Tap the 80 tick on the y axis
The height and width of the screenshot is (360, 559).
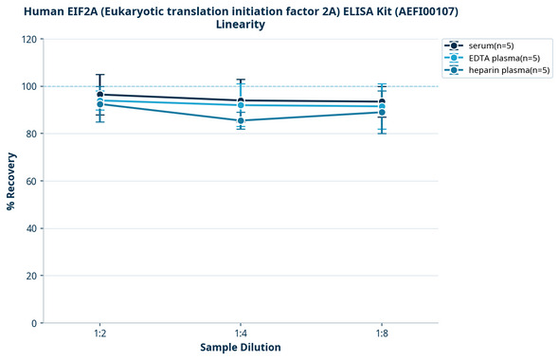[29, 134]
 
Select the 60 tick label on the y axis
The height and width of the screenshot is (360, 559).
[29, 181]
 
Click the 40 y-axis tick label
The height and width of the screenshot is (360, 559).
[29, 228]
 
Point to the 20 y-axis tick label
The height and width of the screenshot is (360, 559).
[29, 276]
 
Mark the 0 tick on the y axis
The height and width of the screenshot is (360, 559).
[32, 323]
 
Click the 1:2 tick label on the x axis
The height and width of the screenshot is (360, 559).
[99, 334]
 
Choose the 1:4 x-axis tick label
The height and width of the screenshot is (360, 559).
[241, 334]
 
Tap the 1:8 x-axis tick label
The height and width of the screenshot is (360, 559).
[382, 334]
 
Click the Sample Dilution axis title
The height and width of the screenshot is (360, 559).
[241, 348]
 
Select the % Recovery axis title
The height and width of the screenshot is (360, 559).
[11, 181]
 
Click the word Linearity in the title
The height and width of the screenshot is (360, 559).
[241, 25]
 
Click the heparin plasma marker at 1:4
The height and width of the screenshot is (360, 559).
[241, 120]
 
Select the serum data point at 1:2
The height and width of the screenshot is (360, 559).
[99, 95]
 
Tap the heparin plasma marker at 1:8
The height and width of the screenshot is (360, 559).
[382, 112]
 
